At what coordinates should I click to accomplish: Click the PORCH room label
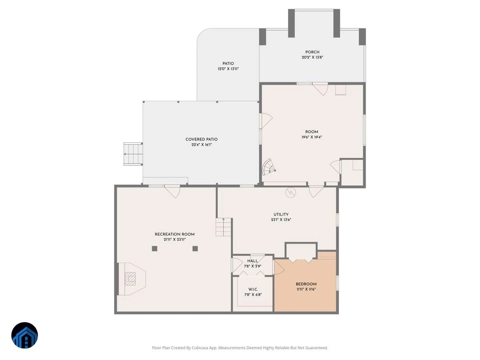pyautogui.click(x=312, y=52)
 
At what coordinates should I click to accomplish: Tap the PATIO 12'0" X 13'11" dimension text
pyautogui.click(x=228, y=69)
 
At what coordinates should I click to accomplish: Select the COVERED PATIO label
pyautogui.click(x=202, y=139)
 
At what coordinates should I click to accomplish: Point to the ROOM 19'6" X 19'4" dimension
pyautogui.click(x=311, y=137)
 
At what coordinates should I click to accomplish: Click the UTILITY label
pyautogui.click(x=281, y=214)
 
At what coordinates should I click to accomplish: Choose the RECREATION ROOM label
pyautogui.click(x=174, y=234)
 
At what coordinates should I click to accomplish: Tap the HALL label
pyautogui.click(x=252, y=261)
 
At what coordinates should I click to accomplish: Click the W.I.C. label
pyautogui.click(x=253, y=289)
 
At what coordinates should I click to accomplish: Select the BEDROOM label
pyautogui.click(x=306, y=284)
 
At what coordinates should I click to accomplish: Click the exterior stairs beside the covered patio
pyautogui.click(x=133, y=154)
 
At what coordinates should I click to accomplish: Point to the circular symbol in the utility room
pyautogui.click(x=291, y=192)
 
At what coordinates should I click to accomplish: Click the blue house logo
pyautogui.click(x=24, y=335)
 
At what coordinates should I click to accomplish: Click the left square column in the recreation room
pyautogui.click(x=154, y=248)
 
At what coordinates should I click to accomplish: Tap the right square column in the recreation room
pyautogui.click(x=195, y=248)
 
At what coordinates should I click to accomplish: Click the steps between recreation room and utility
pyautogui.click(x=223, y=227)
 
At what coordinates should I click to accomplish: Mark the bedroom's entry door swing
pyautogui.click(x=279, y=267)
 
